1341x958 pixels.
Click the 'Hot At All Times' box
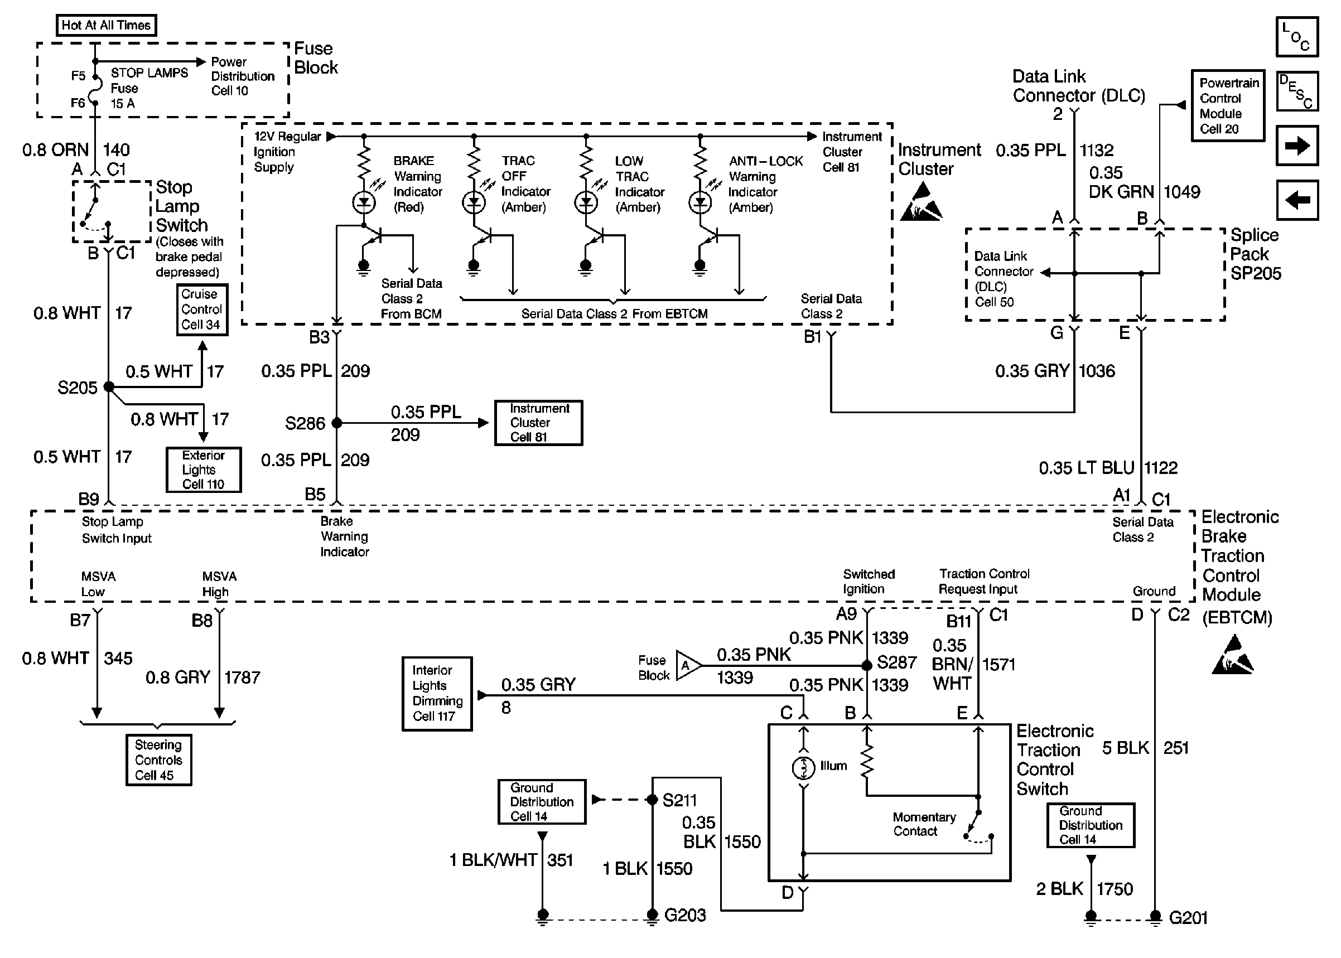(x=106, y=25)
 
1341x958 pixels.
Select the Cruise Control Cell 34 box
(x=202, y=309)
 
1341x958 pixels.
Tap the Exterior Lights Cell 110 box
(x=204, y=470)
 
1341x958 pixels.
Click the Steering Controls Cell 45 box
(x=159, y=760)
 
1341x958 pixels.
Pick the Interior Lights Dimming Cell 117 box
(x=437, y=694)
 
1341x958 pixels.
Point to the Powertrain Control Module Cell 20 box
(x=1228, y=105)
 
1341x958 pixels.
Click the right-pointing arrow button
(x=1297, y=146)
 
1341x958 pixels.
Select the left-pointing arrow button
(x=1297, y=200)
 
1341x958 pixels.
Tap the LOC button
(x=1297, y=37)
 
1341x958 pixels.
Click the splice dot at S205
(x=109, y=387)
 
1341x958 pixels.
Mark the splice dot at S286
(x=337, y=423)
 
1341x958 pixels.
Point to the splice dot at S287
(x=867, y=665)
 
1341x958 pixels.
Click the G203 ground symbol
(x=652, y=916)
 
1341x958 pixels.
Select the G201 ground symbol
(x=1156, y=917)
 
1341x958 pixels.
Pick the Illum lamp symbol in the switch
(x=803, y=768)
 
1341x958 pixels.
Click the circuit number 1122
(x=1161, y=468)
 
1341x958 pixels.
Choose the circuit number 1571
(x=999, y=665)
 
